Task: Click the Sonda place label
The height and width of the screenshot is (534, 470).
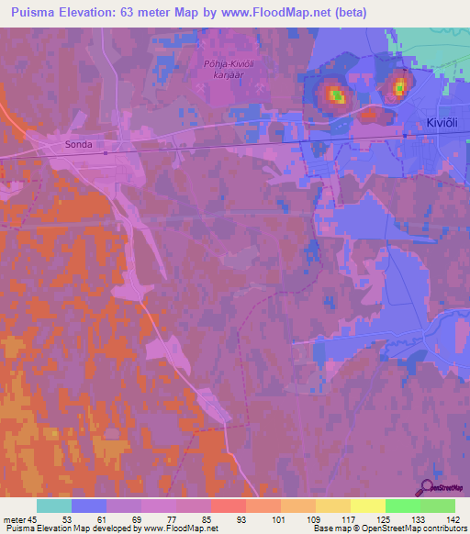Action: point(79,145)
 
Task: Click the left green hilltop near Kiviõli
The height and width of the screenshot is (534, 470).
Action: point(337,95)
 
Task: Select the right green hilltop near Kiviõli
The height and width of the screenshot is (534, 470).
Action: point(399,87)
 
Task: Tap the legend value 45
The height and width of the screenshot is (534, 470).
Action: point(33,518)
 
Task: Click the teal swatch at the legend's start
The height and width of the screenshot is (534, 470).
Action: point(53,506)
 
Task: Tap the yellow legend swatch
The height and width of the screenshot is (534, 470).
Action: point(367,506)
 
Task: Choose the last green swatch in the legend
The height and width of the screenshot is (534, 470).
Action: point(437,506)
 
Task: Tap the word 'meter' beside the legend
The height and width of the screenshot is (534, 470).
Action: point(13,518)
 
